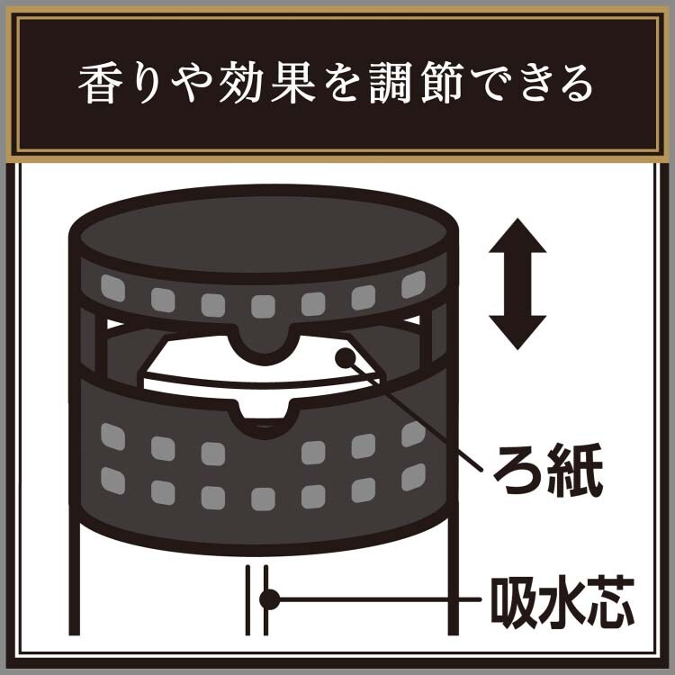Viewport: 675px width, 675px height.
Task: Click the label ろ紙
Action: point(547,472)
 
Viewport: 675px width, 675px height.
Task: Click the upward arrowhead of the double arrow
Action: point(517,236)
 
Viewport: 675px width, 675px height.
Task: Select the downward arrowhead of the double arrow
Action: point(517,332)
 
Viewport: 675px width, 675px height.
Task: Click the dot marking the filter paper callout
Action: point(345,357)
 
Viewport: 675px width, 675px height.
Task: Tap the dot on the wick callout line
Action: point(270,598)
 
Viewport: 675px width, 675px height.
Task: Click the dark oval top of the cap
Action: point(264,236)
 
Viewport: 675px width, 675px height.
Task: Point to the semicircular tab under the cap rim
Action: point(264,342)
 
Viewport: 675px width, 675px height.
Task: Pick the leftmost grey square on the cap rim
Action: point(112,288)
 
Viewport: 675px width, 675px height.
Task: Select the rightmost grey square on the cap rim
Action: point(414,284)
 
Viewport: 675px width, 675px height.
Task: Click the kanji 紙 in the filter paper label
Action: point(575,472)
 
